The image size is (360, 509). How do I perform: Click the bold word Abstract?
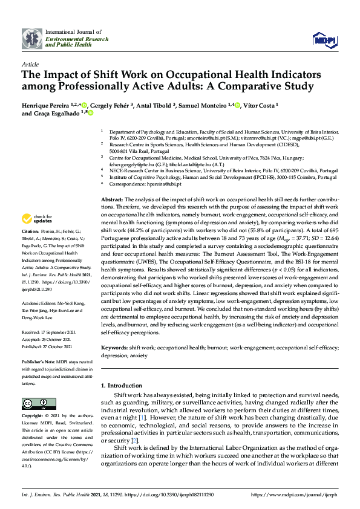tap(112, 199)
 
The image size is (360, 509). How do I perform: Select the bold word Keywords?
tap(114, 348)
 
